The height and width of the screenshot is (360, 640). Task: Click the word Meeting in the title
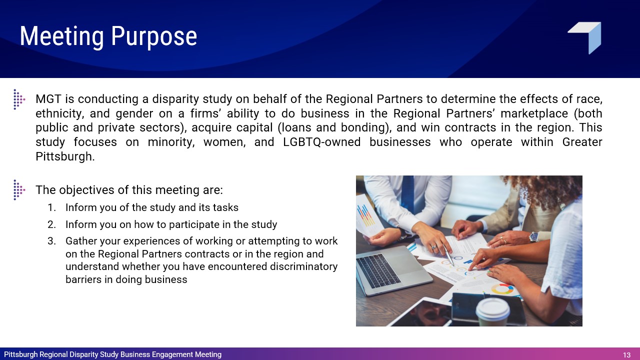click(61, 36)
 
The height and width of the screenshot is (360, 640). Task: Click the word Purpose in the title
click(154, 37)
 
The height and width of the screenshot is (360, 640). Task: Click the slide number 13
click(626, 355)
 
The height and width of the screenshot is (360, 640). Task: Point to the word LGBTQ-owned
click(321, 142)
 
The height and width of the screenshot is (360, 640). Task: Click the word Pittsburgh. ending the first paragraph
click(65, 156)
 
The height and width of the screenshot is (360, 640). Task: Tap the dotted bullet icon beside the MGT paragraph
click(19, 99)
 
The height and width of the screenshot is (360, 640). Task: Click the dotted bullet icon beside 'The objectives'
click(19, 189)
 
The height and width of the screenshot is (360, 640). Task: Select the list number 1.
click(51, 207)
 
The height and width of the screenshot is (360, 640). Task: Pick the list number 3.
click(51, 241)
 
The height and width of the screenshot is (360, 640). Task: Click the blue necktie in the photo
click(407, 194)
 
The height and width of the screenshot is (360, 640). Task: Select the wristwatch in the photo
click(533, 236)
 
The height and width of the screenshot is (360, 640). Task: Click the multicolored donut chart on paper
click(502, 289)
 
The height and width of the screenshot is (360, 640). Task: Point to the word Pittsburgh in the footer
click(21, 354)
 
